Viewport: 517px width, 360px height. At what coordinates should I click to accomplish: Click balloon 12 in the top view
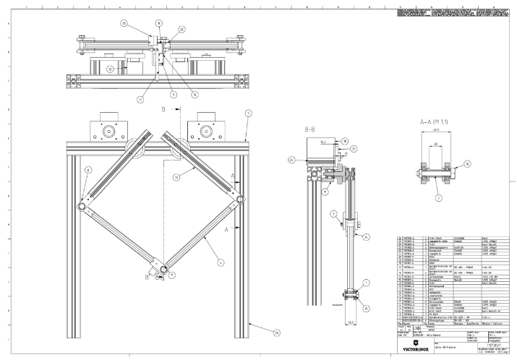coord(110,69)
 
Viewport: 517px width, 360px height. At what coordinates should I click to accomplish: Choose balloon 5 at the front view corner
coord(247,113)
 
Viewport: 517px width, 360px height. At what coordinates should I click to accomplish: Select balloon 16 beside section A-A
coord(467,164)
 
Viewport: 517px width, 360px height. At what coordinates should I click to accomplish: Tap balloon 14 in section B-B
coord(366,236)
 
